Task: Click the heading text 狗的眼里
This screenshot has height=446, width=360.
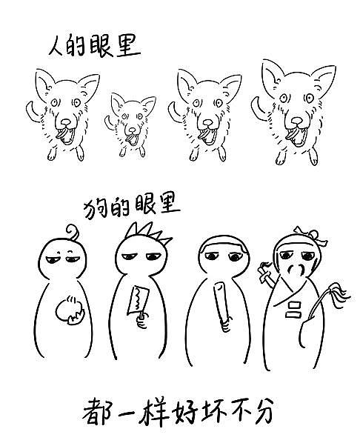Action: pos(132,203)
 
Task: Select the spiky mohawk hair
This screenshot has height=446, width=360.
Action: pos(148,235)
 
